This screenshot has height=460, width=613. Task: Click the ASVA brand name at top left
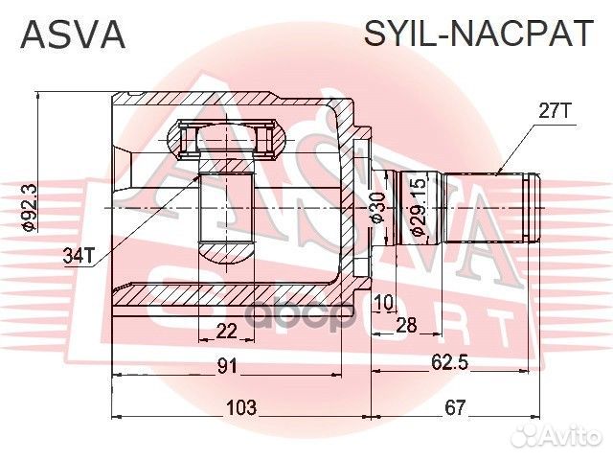click(x=74, y=34)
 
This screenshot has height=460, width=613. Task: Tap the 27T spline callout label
click(x=554, y=112)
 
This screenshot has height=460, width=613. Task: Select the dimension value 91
click(x=226, y=365)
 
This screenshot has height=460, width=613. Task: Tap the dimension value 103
click(x=240, y=407)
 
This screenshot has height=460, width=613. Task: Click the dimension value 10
click(x=384, y=303)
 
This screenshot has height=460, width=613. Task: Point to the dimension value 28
click(x=407, y=327)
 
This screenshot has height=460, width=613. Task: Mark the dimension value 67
click(x=455, y=407)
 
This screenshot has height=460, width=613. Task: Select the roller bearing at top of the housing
click(x=230, y=139)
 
